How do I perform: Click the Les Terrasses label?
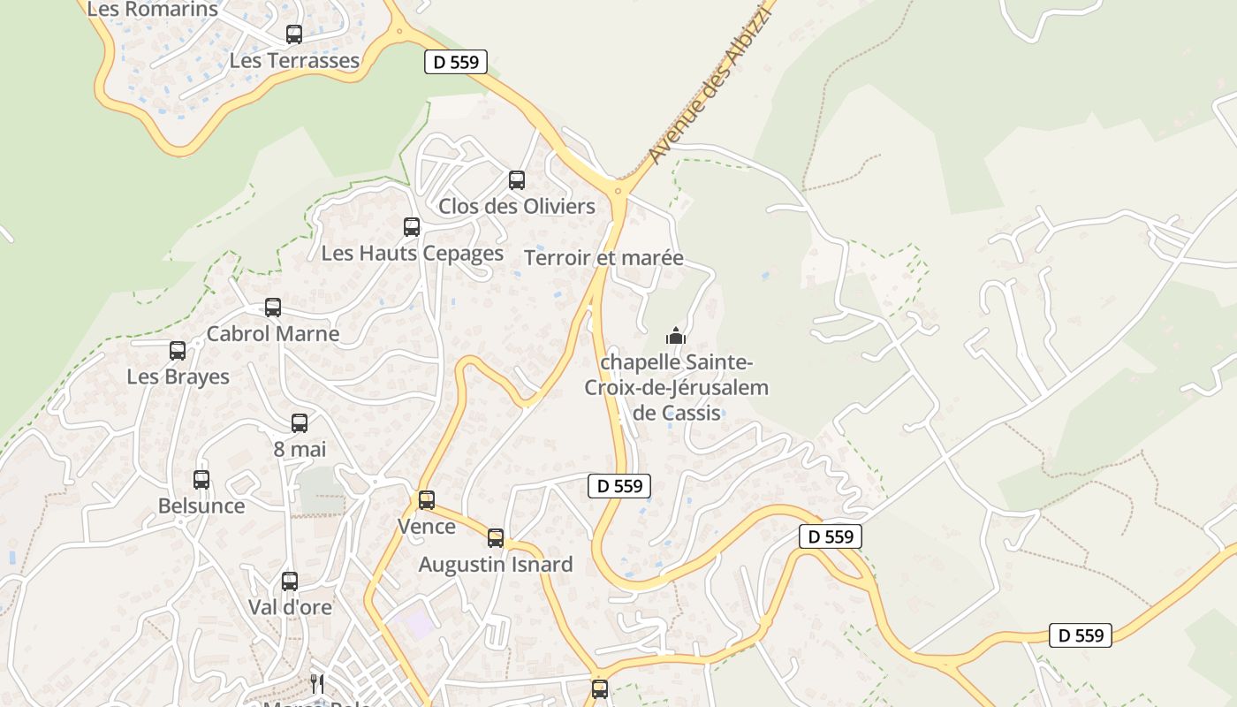pyautogui.click(x=294, y=61)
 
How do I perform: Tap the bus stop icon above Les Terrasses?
pyautogui.click(x=294, y=34)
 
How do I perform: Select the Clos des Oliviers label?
pyautogui.click(x=517, y=207)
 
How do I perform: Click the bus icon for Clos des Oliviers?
pyautogui.click(x=517, y=180)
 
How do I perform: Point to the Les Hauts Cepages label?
pyautogui.click(x=412, y=254)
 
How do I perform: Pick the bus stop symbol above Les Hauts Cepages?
pyautogui.click(x=412, y=227)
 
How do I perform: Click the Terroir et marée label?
pyautogui.click(x=603, y=258)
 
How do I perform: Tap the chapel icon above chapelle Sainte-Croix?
pyautogui.click(x=676, y=336)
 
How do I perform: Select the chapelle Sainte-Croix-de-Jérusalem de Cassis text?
pyautogui.click(x=676, y=387)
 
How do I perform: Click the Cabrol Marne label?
pyautogui.click(x=272, y=334)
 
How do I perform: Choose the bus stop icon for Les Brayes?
pyautogui.click(x=178, y=351)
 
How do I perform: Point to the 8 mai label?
pyautogui.click(x=300, y=449)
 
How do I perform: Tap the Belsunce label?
pyautogui.click(x=201, y=506)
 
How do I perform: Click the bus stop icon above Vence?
pyautogui.click(x=427, y=500)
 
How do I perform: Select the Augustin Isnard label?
pyautogui.click(x=496, y=565)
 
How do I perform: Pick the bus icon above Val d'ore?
pyautogui.click(x=290, y=582)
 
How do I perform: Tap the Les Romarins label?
pyautogui.click(x=152, y=10)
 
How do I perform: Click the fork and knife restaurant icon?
pyautogui.click(x=316, y=683)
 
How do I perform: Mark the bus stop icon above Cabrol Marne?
pyautogui.click(x=273, y=308)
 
